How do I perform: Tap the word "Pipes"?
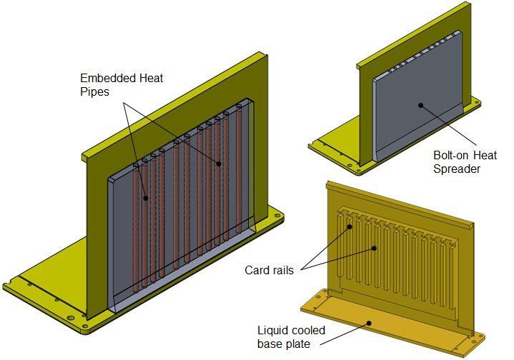[95, 91]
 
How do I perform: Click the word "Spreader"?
[457, 169]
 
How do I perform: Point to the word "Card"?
[256, 270]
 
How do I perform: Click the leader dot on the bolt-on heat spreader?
[421, 105]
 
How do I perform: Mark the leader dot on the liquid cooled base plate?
[369, 322]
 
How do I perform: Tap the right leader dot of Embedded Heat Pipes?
[219, 164]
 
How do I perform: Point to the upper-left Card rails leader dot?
[350, 228]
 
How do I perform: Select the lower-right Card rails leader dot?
[374, 249]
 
